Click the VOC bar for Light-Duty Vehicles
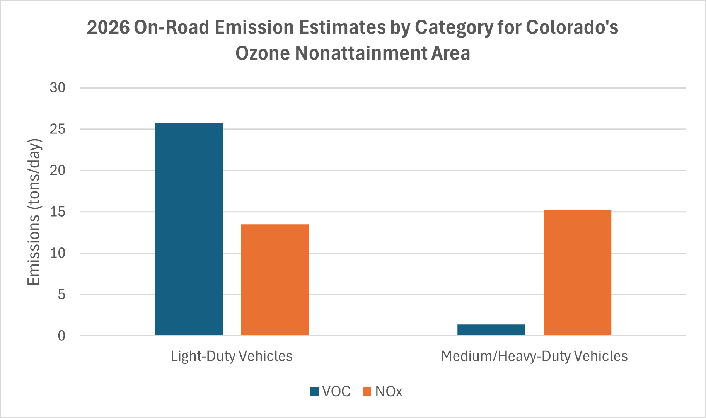(189, 229)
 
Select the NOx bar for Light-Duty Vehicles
(275, 280)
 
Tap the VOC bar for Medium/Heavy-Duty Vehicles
(491, 330)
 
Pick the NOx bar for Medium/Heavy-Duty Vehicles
(577, 273)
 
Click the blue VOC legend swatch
(314, 392)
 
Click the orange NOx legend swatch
(367, 392)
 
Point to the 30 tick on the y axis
(58, 88)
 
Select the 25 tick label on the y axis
(58, 129)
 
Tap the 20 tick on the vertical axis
(58, 171)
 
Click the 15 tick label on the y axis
(58, 212)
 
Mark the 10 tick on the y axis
(58, 253)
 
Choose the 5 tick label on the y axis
(61, 295)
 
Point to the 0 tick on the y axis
(61, 336)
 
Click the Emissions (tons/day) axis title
(34, 212)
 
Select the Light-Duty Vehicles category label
(232, 356)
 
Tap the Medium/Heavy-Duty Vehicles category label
(534, 356)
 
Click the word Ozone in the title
(263, 53)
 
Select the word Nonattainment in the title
(360, 53)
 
